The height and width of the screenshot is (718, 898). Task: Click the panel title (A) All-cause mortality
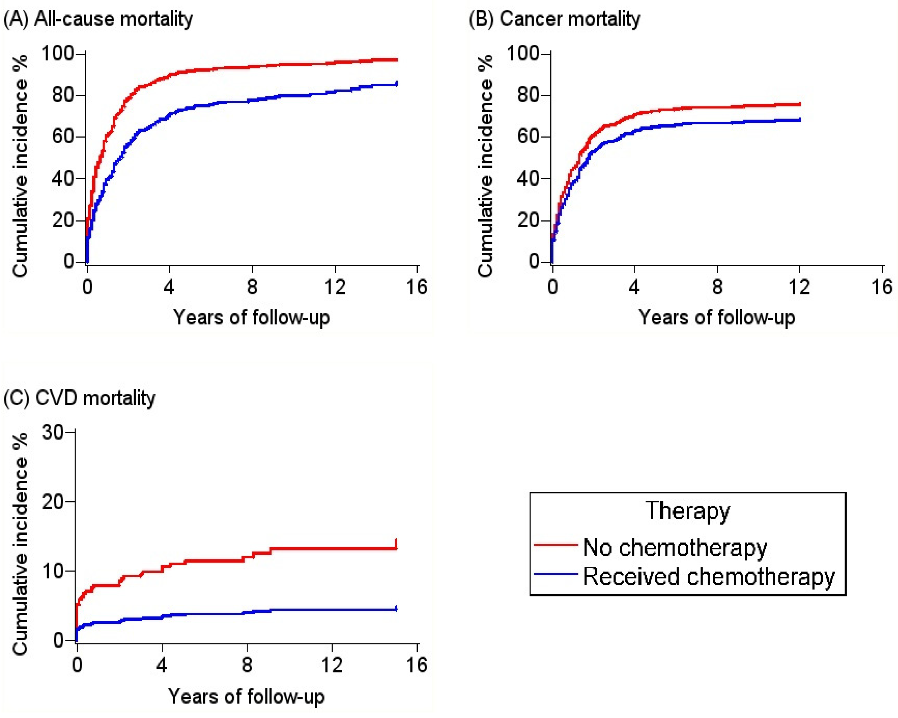click(98, 19)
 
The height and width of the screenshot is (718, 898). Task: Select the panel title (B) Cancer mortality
click(554, 19)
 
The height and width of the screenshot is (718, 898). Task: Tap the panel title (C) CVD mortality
click(80, 398)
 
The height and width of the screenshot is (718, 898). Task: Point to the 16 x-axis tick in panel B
click(882, 287)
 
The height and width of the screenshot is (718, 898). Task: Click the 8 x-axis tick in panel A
click(252, 287)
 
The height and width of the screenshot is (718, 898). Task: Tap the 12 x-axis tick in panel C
click(332, 665)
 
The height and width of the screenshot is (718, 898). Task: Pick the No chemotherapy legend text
click(675, 547)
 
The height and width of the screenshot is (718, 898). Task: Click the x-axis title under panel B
click(717, 318)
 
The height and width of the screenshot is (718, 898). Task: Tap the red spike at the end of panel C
click(396, 543)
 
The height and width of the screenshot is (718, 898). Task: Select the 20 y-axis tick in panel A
click(63, 220)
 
